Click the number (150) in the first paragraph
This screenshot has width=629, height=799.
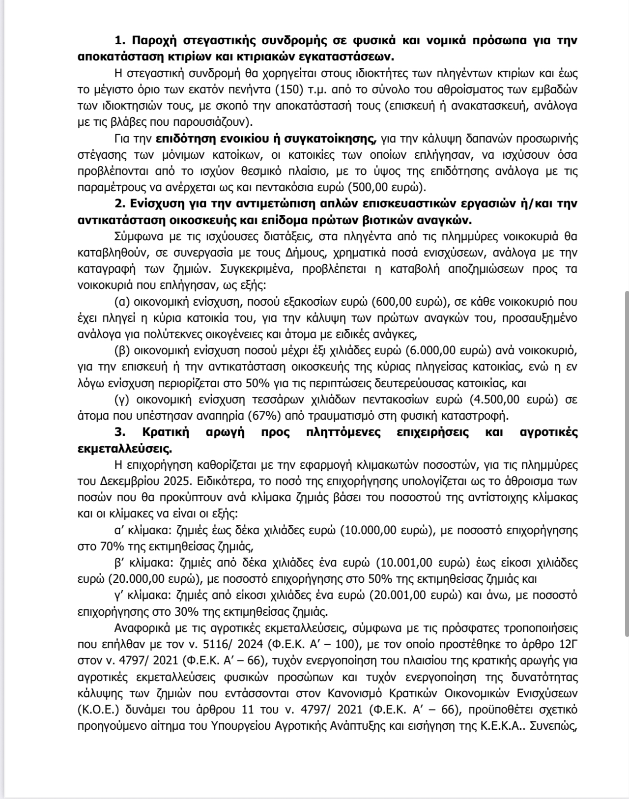pos(289,89)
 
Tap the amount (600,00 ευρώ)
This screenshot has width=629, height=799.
pos(409,301)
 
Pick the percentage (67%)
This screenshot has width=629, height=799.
pos(265,416)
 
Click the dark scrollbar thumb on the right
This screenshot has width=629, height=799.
pos(626,462)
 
